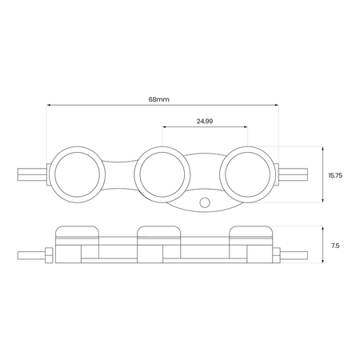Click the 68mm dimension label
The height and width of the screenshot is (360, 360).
click(x=159, y=98)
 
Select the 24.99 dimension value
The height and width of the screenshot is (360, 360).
click(x=204, y=121)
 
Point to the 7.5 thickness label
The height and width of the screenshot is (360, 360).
click(x=334, y=246)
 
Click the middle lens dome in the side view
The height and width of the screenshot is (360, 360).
click(x=162, y=232)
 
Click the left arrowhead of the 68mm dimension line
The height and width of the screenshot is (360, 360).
click(x=49, y=105)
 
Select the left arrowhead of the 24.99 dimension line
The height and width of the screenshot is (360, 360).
click(x=164, y=127)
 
